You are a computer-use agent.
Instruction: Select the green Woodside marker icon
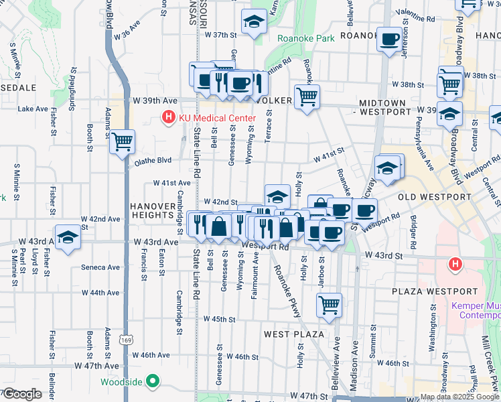click(153, 382)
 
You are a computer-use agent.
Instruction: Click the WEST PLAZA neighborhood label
click(294, 334)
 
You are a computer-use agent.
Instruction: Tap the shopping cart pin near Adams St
click(123, 141)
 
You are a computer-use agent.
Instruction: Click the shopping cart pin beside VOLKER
click(307, 96)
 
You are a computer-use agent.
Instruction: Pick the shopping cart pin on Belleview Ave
click(329, 305)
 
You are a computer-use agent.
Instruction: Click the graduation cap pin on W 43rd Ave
click(68, 239)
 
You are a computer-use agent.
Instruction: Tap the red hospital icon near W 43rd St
click(455, 265)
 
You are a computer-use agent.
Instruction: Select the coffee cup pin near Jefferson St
click(388, 39)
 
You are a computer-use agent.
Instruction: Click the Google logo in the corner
click(22, 394)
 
